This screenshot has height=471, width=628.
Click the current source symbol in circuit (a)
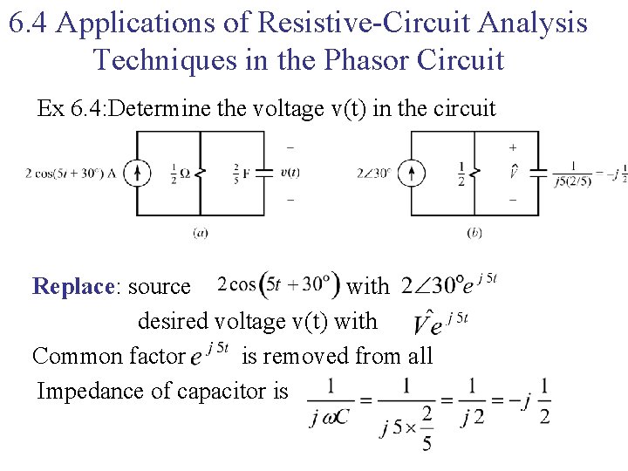click(137, 173)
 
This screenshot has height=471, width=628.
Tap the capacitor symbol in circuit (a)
click(264, 173)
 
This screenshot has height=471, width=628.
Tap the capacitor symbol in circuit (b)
click(538, 173)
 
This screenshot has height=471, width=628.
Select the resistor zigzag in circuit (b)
click(474, 173)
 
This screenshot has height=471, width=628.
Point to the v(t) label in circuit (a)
click(290, 173)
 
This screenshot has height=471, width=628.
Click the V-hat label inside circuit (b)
click(513, 173)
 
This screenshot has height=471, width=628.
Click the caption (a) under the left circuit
click(200, 233)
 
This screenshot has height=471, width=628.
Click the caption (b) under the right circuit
click(474, 233)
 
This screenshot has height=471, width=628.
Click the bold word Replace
click(72, 286)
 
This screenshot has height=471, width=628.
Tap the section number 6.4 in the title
click(28, 24)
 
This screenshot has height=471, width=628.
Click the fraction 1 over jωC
click(330, 402)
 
